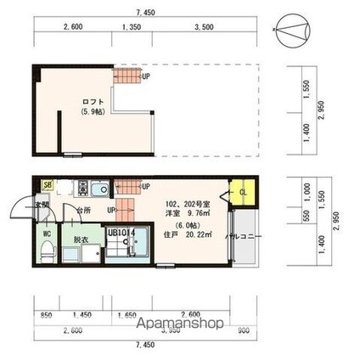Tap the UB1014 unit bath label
coord(121,229)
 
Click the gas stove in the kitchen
coord(83,187)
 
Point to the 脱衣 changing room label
coord(82,240)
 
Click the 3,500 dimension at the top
coord(203,27)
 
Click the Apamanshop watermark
coord(177,324)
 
